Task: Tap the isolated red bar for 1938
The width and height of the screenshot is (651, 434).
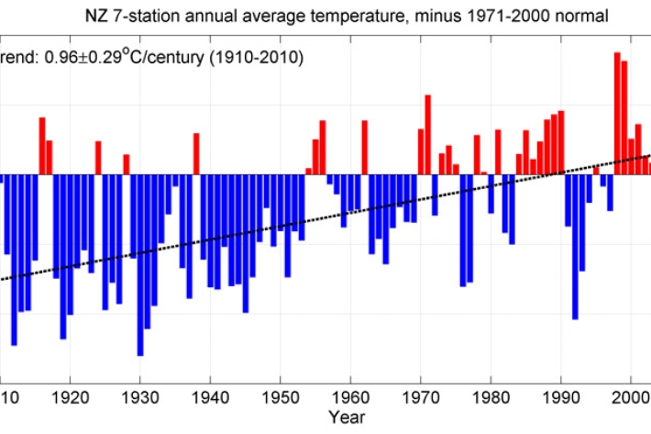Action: pyautogui.click(x=196, y=153)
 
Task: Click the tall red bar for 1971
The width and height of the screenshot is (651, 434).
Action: pyautogui.click(x=427, y=134)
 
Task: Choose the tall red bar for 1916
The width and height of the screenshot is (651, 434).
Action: pyautogui.click(x=42, y=146)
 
